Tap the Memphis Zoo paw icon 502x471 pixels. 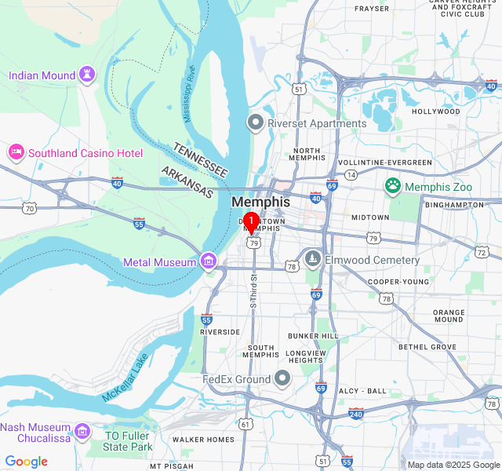(392, 186)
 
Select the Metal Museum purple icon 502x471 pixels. (209, 261)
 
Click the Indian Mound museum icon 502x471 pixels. (86, 75)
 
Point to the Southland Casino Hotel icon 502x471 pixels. (16, 152)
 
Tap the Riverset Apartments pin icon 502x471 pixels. (255, 123)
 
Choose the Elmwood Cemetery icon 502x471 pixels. (313, 260)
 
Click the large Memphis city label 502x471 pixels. (260, 202)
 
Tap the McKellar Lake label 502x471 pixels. (125, 378)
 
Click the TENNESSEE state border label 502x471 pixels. (200, 159)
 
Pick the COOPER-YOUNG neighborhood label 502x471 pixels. (398, 282)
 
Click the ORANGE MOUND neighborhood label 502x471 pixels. (448, 316)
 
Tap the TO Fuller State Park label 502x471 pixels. (128, 441)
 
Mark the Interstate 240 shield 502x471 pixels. (356, 413)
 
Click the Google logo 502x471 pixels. (26, 462)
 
